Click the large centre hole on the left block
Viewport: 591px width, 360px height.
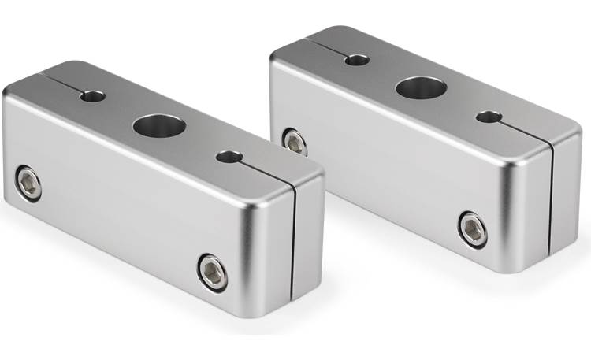click(x=158, y=124)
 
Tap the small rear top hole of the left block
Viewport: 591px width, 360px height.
click(x=92, y=96)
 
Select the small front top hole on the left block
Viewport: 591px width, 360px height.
click(x=229, y=157)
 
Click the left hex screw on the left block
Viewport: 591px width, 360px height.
click(x=30, y=184)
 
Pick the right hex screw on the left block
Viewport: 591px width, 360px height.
click(x=212, y=271)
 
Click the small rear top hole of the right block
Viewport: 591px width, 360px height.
click(x=357, y=59)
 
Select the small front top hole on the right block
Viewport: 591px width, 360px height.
click(x=489, y=117)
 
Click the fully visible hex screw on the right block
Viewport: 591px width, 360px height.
click(x=473, y=228)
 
